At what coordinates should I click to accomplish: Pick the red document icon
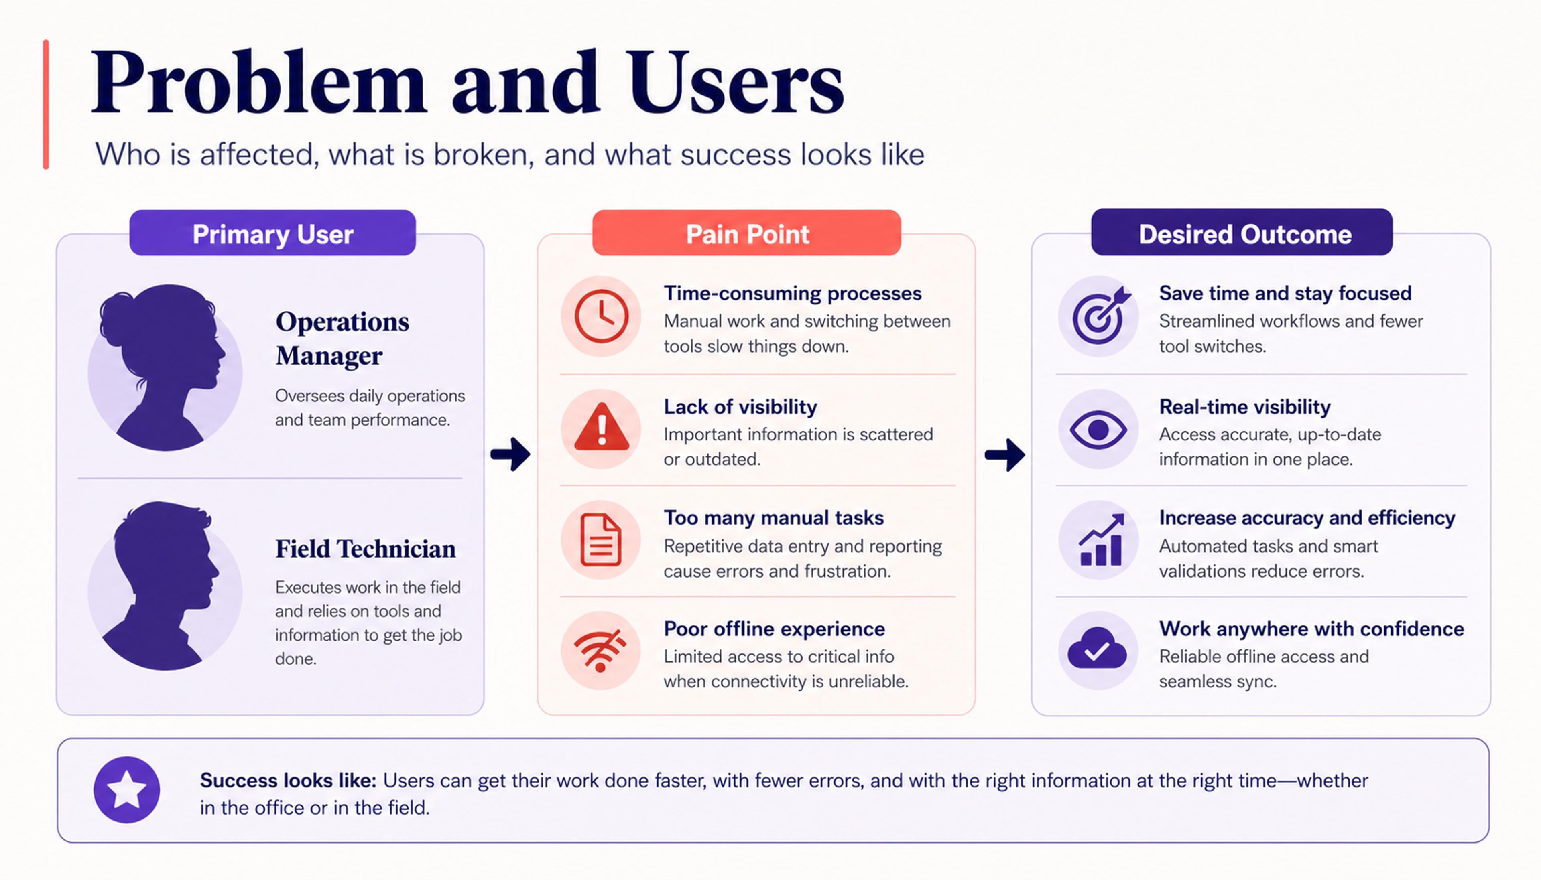tap(600, 540)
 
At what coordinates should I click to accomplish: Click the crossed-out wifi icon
tap(600, 650)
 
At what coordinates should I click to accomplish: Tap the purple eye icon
tap(1098, 430)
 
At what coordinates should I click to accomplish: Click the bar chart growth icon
tap(1102, 540)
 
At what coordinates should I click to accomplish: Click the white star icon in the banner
tap(126, 789)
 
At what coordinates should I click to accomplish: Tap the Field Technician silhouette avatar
tap(165, 586)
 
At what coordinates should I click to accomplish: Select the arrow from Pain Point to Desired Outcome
tap(1005, 454)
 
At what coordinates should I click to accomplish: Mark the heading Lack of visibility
tap(740, 407)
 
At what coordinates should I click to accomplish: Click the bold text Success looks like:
tap(288, 780)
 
